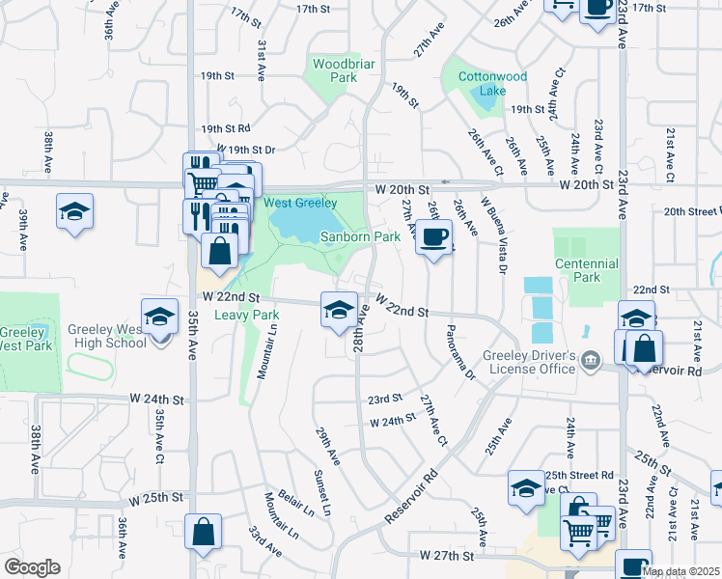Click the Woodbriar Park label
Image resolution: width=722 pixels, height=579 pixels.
(330, 70)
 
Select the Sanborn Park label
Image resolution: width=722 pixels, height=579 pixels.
(360, 236)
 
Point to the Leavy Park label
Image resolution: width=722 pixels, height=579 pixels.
(246, 315)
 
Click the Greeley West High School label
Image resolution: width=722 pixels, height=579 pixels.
(108, 336)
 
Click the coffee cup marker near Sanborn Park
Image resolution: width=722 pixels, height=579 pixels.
(434, 235)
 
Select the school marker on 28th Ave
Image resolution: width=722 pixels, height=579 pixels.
(338, 311)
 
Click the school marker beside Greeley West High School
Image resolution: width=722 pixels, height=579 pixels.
(160, 316)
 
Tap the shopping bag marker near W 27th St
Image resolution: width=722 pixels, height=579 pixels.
(204, 532)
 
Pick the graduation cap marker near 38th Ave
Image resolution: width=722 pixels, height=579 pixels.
(74, 212)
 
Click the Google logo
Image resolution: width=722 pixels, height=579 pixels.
(32, 567)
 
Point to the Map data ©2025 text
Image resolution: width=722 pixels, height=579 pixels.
(680, 571)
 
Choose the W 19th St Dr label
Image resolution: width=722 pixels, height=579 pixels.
(238, 150)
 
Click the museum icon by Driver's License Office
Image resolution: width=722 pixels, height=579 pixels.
(590, 360)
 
